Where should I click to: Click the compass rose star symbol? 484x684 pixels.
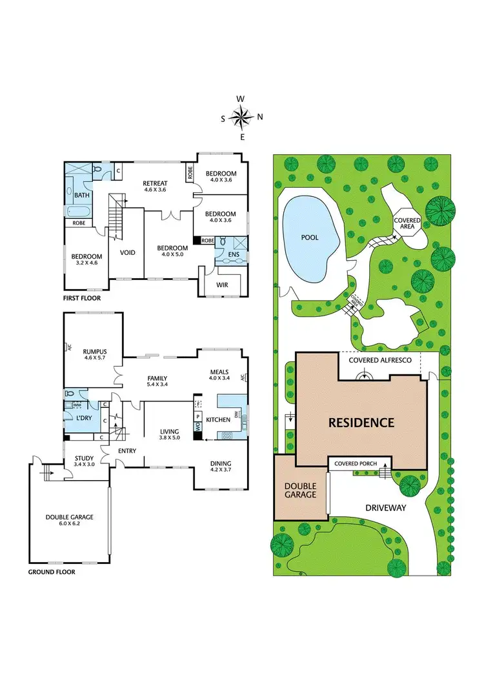click(x=241, y=117)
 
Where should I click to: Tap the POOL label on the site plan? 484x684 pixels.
click(x=310, y=237)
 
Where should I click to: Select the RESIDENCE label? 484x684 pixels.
click(x=361, y=423)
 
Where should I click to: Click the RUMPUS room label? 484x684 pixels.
click(x=94, y=351)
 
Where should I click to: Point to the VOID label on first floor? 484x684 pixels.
click(x=128, y=252)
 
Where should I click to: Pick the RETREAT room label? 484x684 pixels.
click(x=155, y=183)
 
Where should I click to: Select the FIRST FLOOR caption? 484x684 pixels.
click(x=82, y=299)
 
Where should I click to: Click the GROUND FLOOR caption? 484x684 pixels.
click(x=52, y=572)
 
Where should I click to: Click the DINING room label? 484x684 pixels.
click(x=221, y=463)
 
